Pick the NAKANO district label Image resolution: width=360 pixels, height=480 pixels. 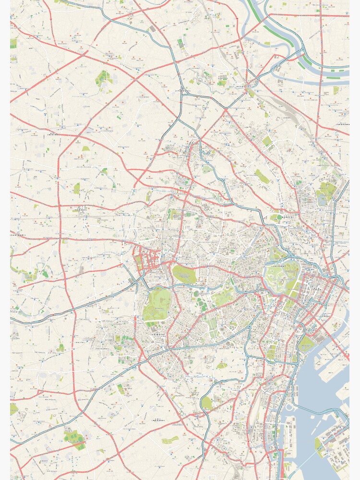click(81, 209)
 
